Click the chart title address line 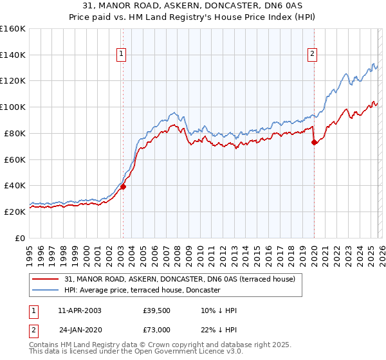[x=193, y=6]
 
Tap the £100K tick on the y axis [x=13, y=107]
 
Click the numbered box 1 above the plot [x=122, y=55]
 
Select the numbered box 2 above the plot [x=312, y=55]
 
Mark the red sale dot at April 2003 [x=123, y=186]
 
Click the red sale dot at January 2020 [x=314, y=143]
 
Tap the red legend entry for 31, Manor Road [x=179, y=280]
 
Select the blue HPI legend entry [x=142, y=291]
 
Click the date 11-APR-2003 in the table [x=80, y=310]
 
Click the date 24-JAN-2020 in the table [x=80, y=329]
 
